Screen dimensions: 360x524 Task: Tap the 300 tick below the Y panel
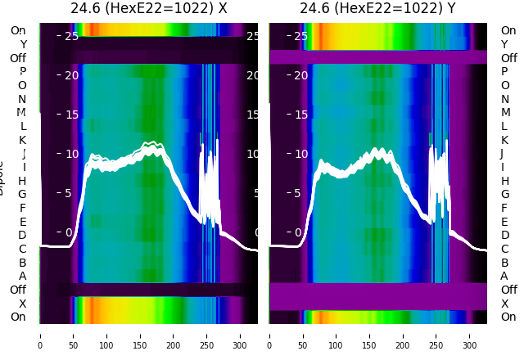470,335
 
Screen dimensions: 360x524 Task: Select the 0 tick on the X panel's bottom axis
40,335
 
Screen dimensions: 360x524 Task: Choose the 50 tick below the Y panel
303,335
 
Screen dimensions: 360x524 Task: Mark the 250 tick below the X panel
206,335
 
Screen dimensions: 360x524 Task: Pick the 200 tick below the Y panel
404,335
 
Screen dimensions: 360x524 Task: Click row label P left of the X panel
22,72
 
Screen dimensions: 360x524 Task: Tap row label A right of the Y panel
504,276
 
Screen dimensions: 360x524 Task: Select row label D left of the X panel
22,235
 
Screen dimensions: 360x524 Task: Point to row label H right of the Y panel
504,181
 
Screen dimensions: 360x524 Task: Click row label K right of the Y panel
504,140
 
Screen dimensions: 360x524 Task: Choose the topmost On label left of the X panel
18,30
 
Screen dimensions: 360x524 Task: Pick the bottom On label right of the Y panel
508,317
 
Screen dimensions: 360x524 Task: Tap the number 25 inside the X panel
70,36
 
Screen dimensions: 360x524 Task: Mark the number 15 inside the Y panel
300,115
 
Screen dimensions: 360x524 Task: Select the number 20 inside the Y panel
300,75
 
